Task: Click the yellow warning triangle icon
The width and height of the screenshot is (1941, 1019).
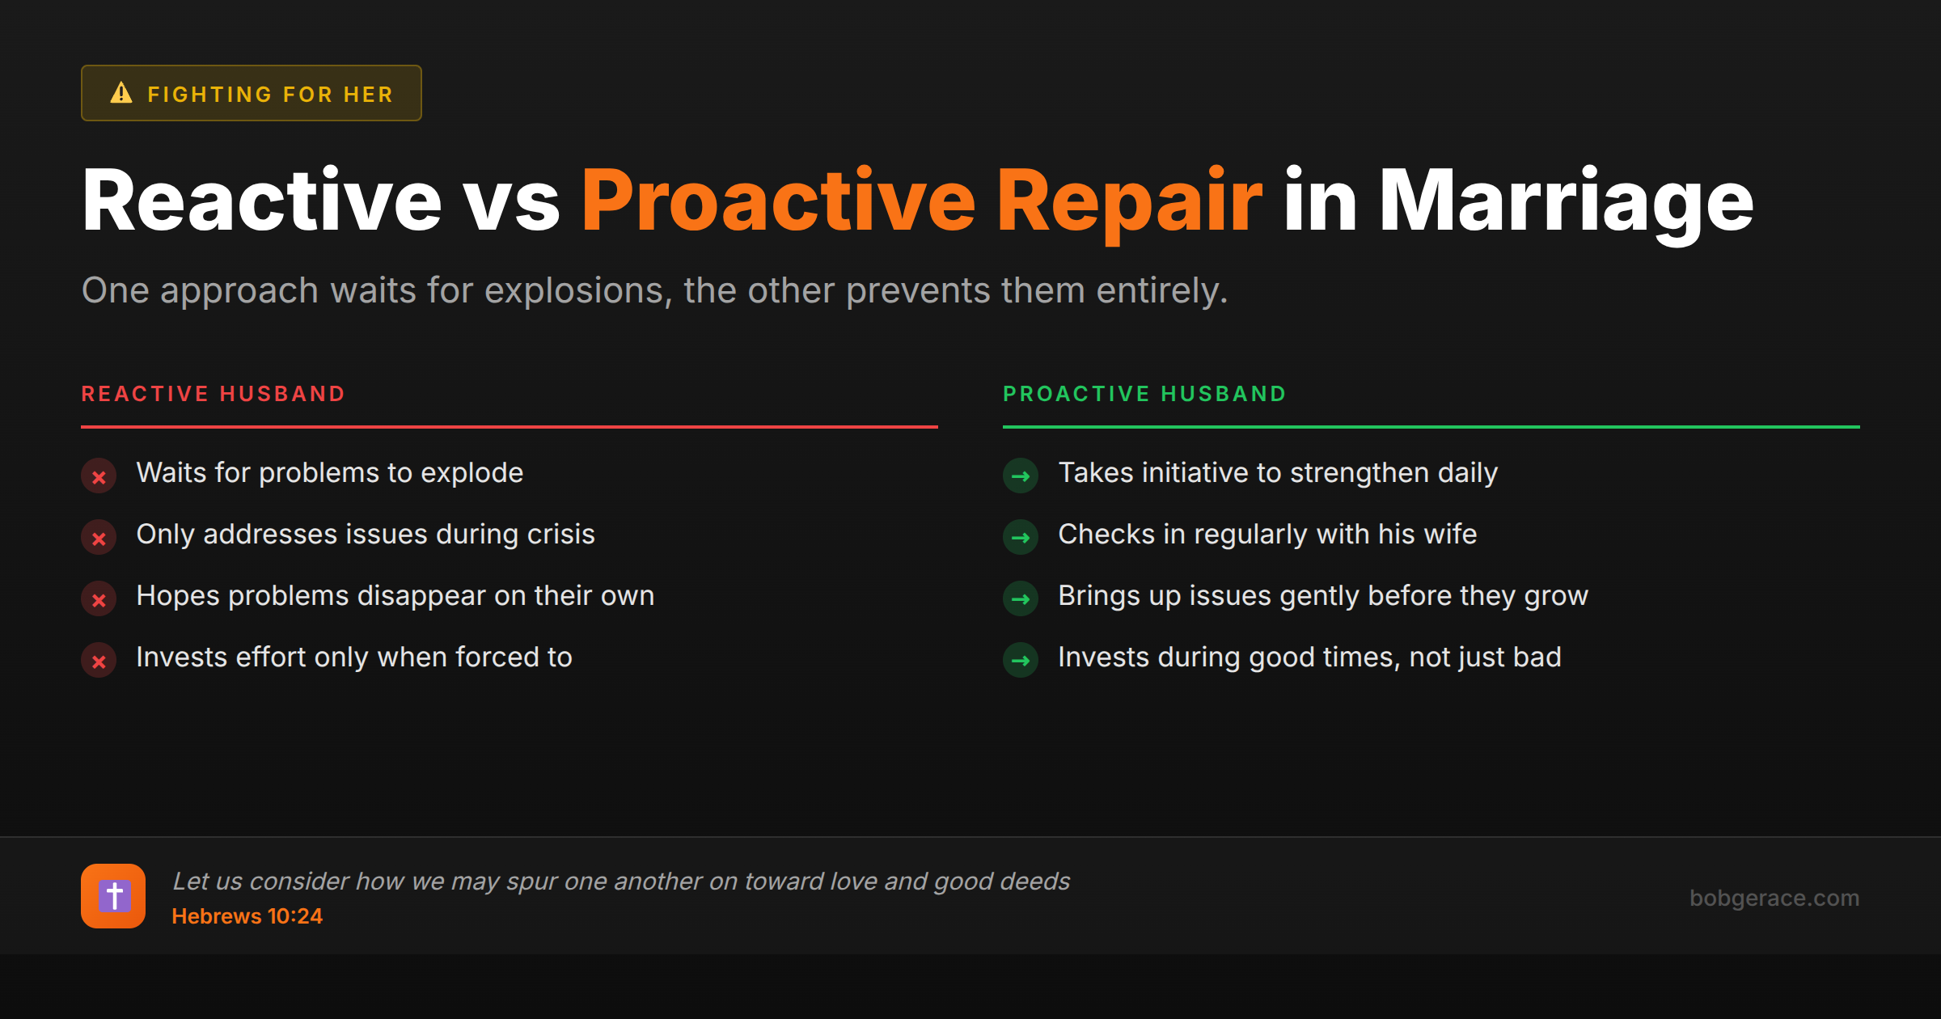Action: click(x=121, y=93)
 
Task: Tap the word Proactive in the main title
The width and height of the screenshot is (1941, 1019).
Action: click(x=779, y=201)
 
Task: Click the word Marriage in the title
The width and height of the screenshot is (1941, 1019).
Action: click(x=1566, y=201)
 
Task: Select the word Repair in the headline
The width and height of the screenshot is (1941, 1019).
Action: click(x=1129, y=201)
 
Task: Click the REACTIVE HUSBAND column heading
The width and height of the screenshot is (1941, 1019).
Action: click(x=214, y=394)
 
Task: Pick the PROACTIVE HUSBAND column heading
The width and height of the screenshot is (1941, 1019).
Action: click(x=1144, y=394)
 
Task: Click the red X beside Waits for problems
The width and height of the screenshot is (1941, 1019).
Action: click(x=99, y=476)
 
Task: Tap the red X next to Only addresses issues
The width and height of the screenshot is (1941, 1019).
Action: click(x=99, y=538)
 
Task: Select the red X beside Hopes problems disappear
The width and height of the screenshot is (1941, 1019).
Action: click(x=99, y=599)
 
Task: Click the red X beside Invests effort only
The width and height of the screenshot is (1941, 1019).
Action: click(x=99, y=661)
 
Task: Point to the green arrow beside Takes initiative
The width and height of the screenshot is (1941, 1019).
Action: click(x=1021, y=476)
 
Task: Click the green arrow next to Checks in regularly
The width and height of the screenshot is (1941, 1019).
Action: click(x=1021, y=538)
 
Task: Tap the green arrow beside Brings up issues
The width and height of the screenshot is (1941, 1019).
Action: click(x=1021, y=599)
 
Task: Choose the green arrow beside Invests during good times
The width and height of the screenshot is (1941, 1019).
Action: click(x=1021, y=661)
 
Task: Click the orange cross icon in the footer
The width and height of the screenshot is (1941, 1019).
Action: click(x=113, y=896)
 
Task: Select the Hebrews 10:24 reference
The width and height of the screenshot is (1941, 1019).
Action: click(x=247, y=916)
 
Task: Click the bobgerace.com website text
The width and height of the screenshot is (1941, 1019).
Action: click(x=1774, y=898)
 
